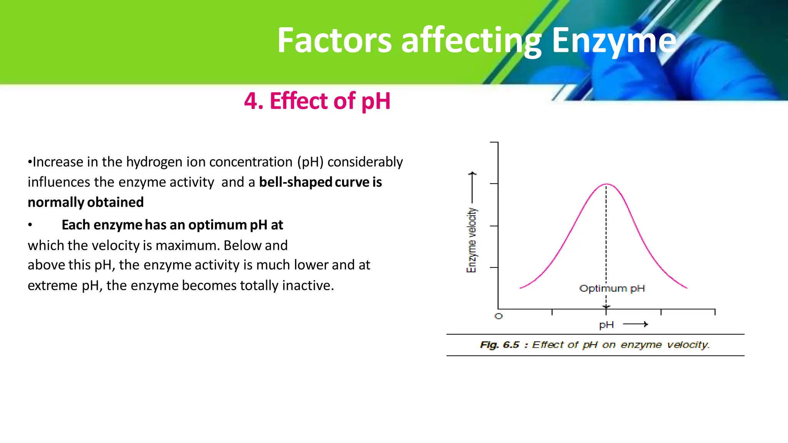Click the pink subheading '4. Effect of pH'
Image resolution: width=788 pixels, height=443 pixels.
pos(317,101)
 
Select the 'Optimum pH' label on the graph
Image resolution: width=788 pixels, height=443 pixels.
pos(612,288)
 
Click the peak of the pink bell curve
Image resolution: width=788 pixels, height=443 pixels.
pos(606,184)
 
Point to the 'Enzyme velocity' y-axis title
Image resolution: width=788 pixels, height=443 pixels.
pos(472,240)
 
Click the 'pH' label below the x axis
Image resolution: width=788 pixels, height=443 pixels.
pos(606,325)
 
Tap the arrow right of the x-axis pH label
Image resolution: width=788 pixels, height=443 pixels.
pos(636,324)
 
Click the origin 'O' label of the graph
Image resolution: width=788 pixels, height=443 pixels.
pos(499,316)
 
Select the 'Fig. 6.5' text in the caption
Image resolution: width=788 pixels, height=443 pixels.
pos(499,345)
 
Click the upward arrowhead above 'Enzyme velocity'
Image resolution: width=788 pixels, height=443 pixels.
pos(472,174)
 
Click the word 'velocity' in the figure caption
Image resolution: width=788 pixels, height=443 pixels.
pos(688,345)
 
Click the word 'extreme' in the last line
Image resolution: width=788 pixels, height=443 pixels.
pos(52,285)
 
